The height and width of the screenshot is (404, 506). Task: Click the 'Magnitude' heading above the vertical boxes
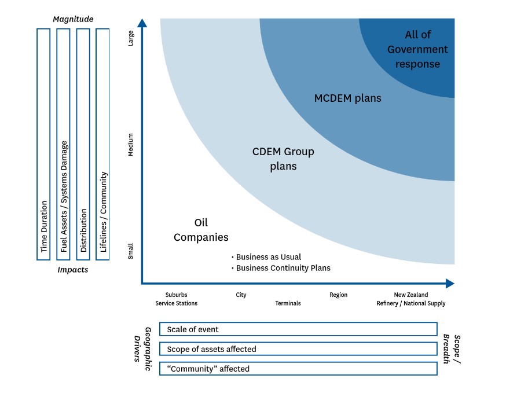pos(73,19)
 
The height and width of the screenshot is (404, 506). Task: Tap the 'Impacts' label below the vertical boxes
pos(72,270)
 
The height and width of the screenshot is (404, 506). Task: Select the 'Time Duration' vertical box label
pos(44,226)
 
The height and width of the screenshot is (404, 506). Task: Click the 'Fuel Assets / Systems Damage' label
pos(64,196)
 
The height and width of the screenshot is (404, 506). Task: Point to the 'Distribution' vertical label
pos(83,230)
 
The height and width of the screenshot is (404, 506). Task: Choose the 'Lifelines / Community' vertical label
pos(103,212)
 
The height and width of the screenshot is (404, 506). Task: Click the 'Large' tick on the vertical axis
pos(131,38)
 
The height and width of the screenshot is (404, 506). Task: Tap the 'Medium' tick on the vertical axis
pos(131,145)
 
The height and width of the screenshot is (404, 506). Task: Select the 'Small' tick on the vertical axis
pos(131,251)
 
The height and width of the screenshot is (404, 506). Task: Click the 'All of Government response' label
pos(417,49)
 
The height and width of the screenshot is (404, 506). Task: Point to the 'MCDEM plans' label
pos(347,98)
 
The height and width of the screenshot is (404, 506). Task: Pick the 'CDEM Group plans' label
pos(283,159)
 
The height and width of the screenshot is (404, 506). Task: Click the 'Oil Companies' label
pos(201,230)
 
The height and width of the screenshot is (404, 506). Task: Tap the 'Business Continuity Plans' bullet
pos(281,268)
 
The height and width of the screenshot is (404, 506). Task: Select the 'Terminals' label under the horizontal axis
pos(288,303)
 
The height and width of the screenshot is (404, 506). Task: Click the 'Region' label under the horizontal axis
pos(339,295)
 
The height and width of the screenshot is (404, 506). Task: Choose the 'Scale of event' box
pos(298,329)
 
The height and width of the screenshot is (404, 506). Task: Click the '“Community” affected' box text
pos(208,369)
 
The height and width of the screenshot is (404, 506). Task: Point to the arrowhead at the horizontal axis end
pos(450,284)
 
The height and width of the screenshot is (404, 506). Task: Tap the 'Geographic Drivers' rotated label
pos(142,349)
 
